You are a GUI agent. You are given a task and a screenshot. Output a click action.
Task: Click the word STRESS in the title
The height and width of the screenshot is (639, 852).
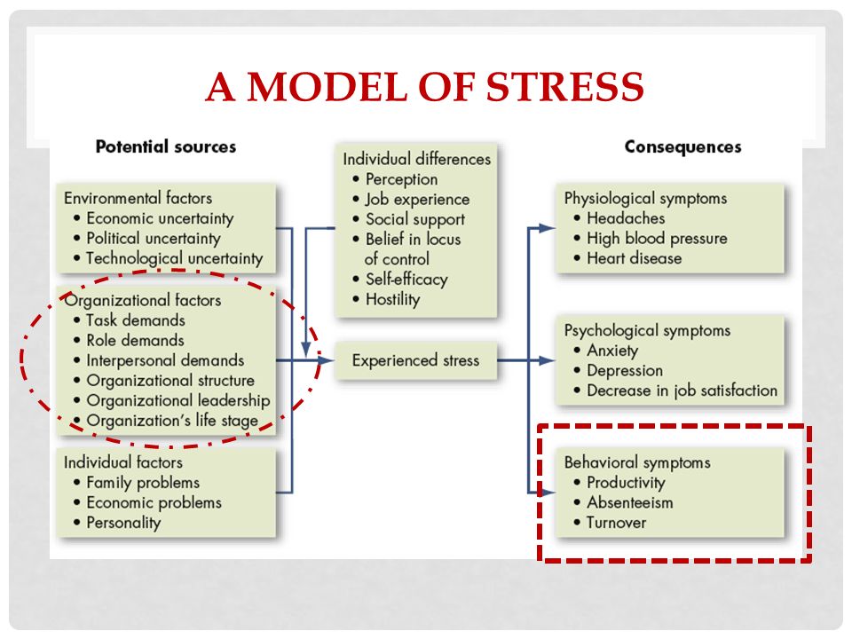click(x=564, y=86)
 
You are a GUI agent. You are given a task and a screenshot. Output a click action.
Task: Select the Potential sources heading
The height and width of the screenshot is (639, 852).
click(x=166, y=146)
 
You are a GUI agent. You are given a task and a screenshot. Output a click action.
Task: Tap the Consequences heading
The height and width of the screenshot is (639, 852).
click(x=682, y=146)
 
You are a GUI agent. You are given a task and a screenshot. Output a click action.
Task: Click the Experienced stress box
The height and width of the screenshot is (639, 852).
click(x=415, y=360)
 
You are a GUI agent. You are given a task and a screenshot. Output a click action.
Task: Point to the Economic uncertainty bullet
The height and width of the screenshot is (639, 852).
click(x=154, y=218)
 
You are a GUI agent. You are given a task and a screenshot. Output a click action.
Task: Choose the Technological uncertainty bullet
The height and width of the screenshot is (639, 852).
click(x=169, y=258)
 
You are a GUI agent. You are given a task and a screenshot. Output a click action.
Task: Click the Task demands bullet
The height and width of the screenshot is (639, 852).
click(x=130, y=320)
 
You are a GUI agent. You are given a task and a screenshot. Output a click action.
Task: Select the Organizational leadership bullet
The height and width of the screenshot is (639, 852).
click(x=171, y=400)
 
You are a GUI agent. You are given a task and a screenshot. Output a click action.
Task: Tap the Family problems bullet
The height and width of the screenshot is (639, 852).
click(x=137, y=483)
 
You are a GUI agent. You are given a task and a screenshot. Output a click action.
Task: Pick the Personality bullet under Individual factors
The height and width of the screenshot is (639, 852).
click(x=117, y=523)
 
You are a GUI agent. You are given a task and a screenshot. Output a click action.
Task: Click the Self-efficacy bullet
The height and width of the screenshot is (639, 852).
click(x=400, y=280)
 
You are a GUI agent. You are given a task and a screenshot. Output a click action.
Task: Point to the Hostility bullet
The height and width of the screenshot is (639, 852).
click(x=386, y=299)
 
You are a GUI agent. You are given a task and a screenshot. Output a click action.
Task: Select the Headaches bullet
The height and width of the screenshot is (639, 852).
click(x=619, y=218)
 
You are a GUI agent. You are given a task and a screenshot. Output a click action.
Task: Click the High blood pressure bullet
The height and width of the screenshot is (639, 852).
click(x=651, y=239)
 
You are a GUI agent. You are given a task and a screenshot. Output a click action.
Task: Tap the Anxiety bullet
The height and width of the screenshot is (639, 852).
click(x=606, y=351)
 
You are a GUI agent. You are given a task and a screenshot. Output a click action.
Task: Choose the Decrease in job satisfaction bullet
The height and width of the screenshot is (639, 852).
click(x=675, y=390)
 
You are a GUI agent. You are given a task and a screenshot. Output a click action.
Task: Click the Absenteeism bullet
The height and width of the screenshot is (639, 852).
click(x=623, y=502)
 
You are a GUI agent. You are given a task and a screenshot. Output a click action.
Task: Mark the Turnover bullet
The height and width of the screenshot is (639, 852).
click(x=610, y=523)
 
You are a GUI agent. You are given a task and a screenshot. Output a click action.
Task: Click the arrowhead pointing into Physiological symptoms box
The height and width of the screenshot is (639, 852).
click(x=548, y=228)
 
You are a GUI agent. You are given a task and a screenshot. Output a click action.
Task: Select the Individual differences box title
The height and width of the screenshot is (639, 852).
click(x=417, y=159)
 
